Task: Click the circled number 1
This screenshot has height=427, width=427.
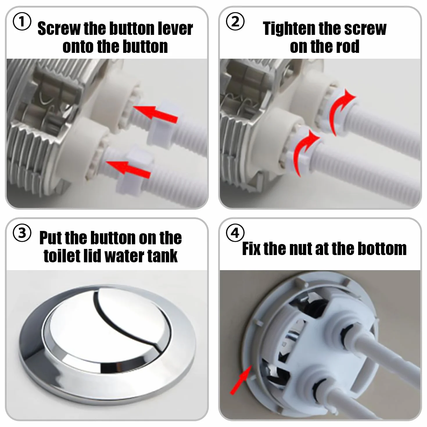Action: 22,21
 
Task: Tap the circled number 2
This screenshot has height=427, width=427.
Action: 235,21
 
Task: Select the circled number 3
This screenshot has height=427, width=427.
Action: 22,233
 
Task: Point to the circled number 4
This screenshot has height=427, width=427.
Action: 235,233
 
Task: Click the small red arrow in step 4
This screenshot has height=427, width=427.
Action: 241,380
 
